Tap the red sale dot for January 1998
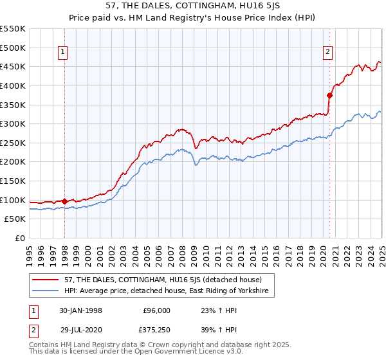64,201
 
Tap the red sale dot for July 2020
329,95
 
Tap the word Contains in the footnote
44,346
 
